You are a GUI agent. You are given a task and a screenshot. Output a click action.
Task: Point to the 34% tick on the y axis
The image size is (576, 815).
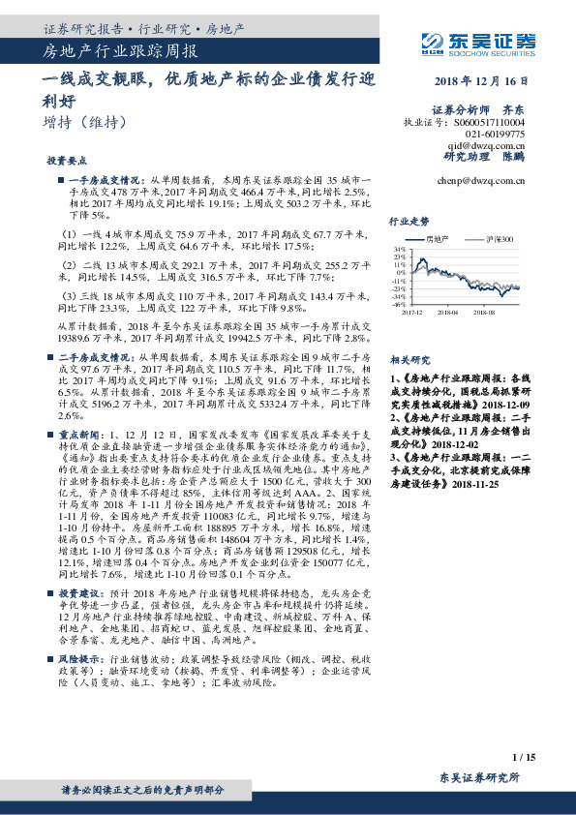tap(399, 250)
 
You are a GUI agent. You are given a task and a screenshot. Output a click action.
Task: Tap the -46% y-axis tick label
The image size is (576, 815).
tap(398, 304)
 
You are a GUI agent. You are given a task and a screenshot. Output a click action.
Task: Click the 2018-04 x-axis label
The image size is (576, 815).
tap(447, 312)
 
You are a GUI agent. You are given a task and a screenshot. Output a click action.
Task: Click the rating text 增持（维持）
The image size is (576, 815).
tap(83, 123)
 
